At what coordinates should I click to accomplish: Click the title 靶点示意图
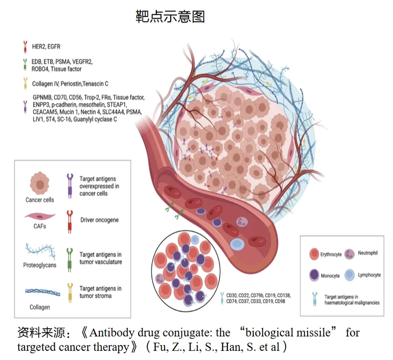pos(170,17)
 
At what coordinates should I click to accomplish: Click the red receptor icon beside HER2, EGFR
pos(25,47)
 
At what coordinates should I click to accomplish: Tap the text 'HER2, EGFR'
pos(46,47)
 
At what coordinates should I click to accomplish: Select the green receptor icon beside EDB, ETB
pos(25,65)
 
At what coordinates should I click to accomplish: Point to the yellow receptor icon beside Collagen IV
pos(25,84)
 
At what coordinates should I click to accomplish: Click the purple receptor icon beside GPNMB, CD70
pos(25,105)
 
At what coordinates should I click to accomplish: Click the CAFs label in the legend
pos(40,226)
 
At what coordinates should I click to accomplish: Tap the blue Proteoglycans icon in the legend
pos(39,251)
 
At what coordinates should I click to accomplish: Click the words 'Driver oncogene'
pos(99,220)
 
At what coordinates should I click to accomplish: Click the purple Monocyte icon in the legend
pos(313,275)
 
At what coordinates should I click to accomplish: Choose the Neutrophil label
pos(368,253)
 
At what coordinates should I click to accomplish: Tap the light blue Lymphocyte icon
pos(350,275)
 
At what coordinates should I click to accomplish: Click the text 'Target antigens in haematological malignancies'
pos(352,300)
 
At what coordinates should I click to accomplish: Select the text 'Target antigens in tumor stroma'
pos(100,292)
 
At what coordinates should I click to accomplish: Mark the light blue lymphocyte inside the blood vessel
pos(237,244)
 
